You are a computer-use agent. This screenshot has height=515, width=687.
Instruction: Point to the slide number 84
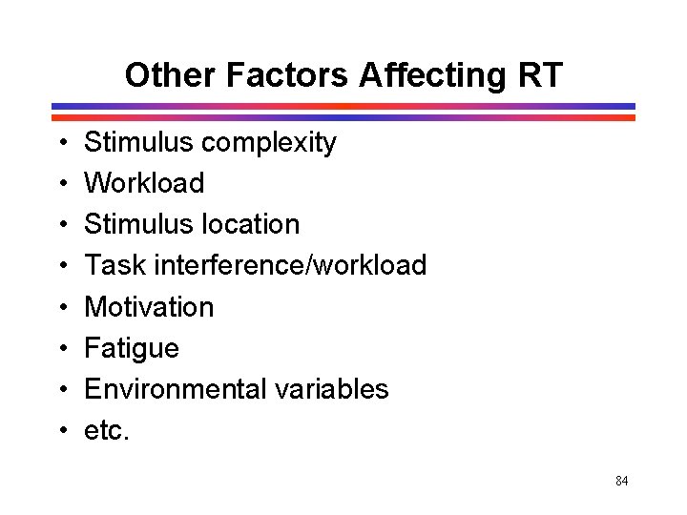621,482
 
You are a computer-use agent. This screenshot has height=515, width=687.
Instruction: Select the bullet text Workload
144,183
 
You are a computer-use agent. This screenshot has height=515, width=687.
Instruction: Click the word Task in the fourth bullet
114,265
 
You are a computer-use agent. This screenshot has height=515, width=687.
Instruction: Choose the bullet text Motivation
149,307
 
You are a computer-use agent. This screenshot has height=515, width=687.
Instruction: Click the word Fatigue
132,348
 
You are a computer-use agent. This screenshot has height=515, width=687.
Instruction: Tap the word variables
332,389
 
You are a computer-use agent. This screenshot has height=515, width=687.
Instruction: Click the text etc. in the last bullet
105,430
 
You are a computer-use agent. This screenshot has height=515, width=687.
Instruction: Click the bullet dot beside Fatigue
60,349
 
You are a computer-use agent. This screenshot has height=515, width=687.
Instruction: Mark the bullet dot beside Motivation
60,308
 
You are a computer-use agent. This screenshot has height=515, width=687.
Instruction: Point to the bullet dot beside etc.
60,431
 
